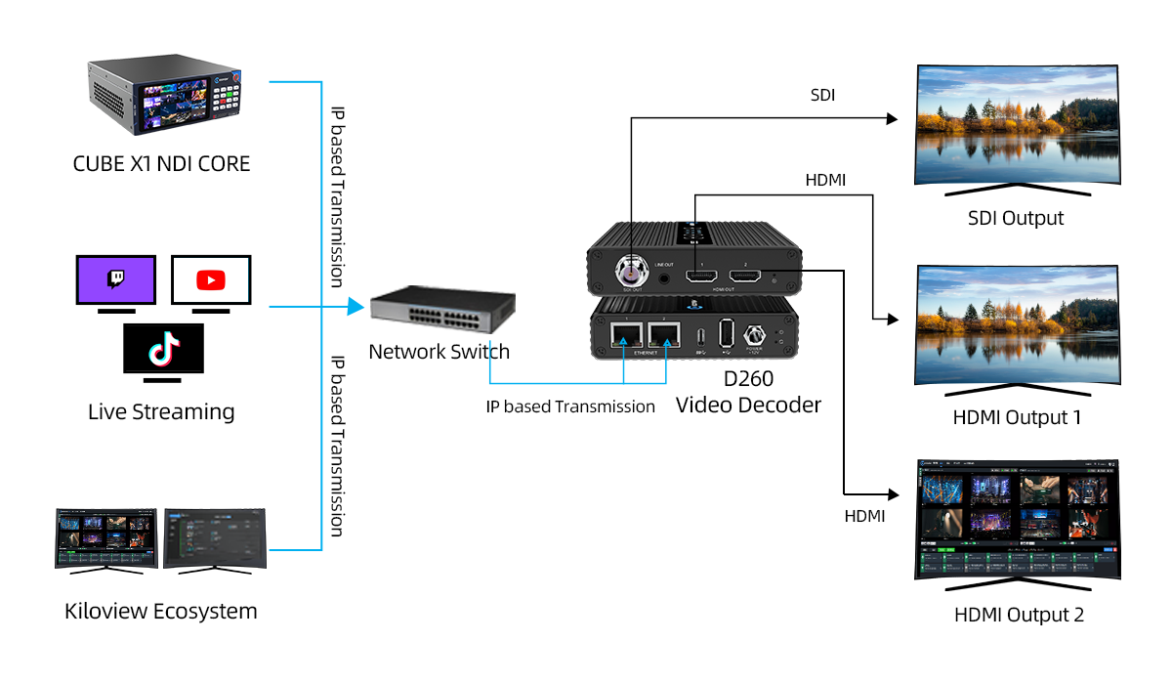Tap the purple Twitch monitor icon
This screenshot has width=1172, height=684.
(116, 280)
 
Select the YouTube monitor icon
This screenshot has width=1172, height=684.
(211, 280)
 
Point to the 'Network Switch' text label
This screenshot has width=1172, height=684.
(439, 352)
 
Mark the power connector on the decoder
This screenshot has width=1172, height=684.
(754, 335)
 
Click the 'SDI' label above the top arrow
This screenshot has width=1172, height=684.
(823, 96)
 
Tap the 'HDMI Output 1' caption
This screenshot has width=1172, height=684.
(1017, 417)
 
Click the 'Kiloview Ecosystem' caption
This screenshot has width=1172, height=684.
(161, 612)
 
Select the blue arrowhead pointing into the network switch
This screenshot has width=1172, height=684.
(356, 307)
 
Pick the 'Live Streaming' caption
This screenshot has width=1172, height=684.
(161, 411)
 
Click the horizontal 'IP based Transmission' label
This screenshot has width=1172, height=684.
(570, 406)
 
